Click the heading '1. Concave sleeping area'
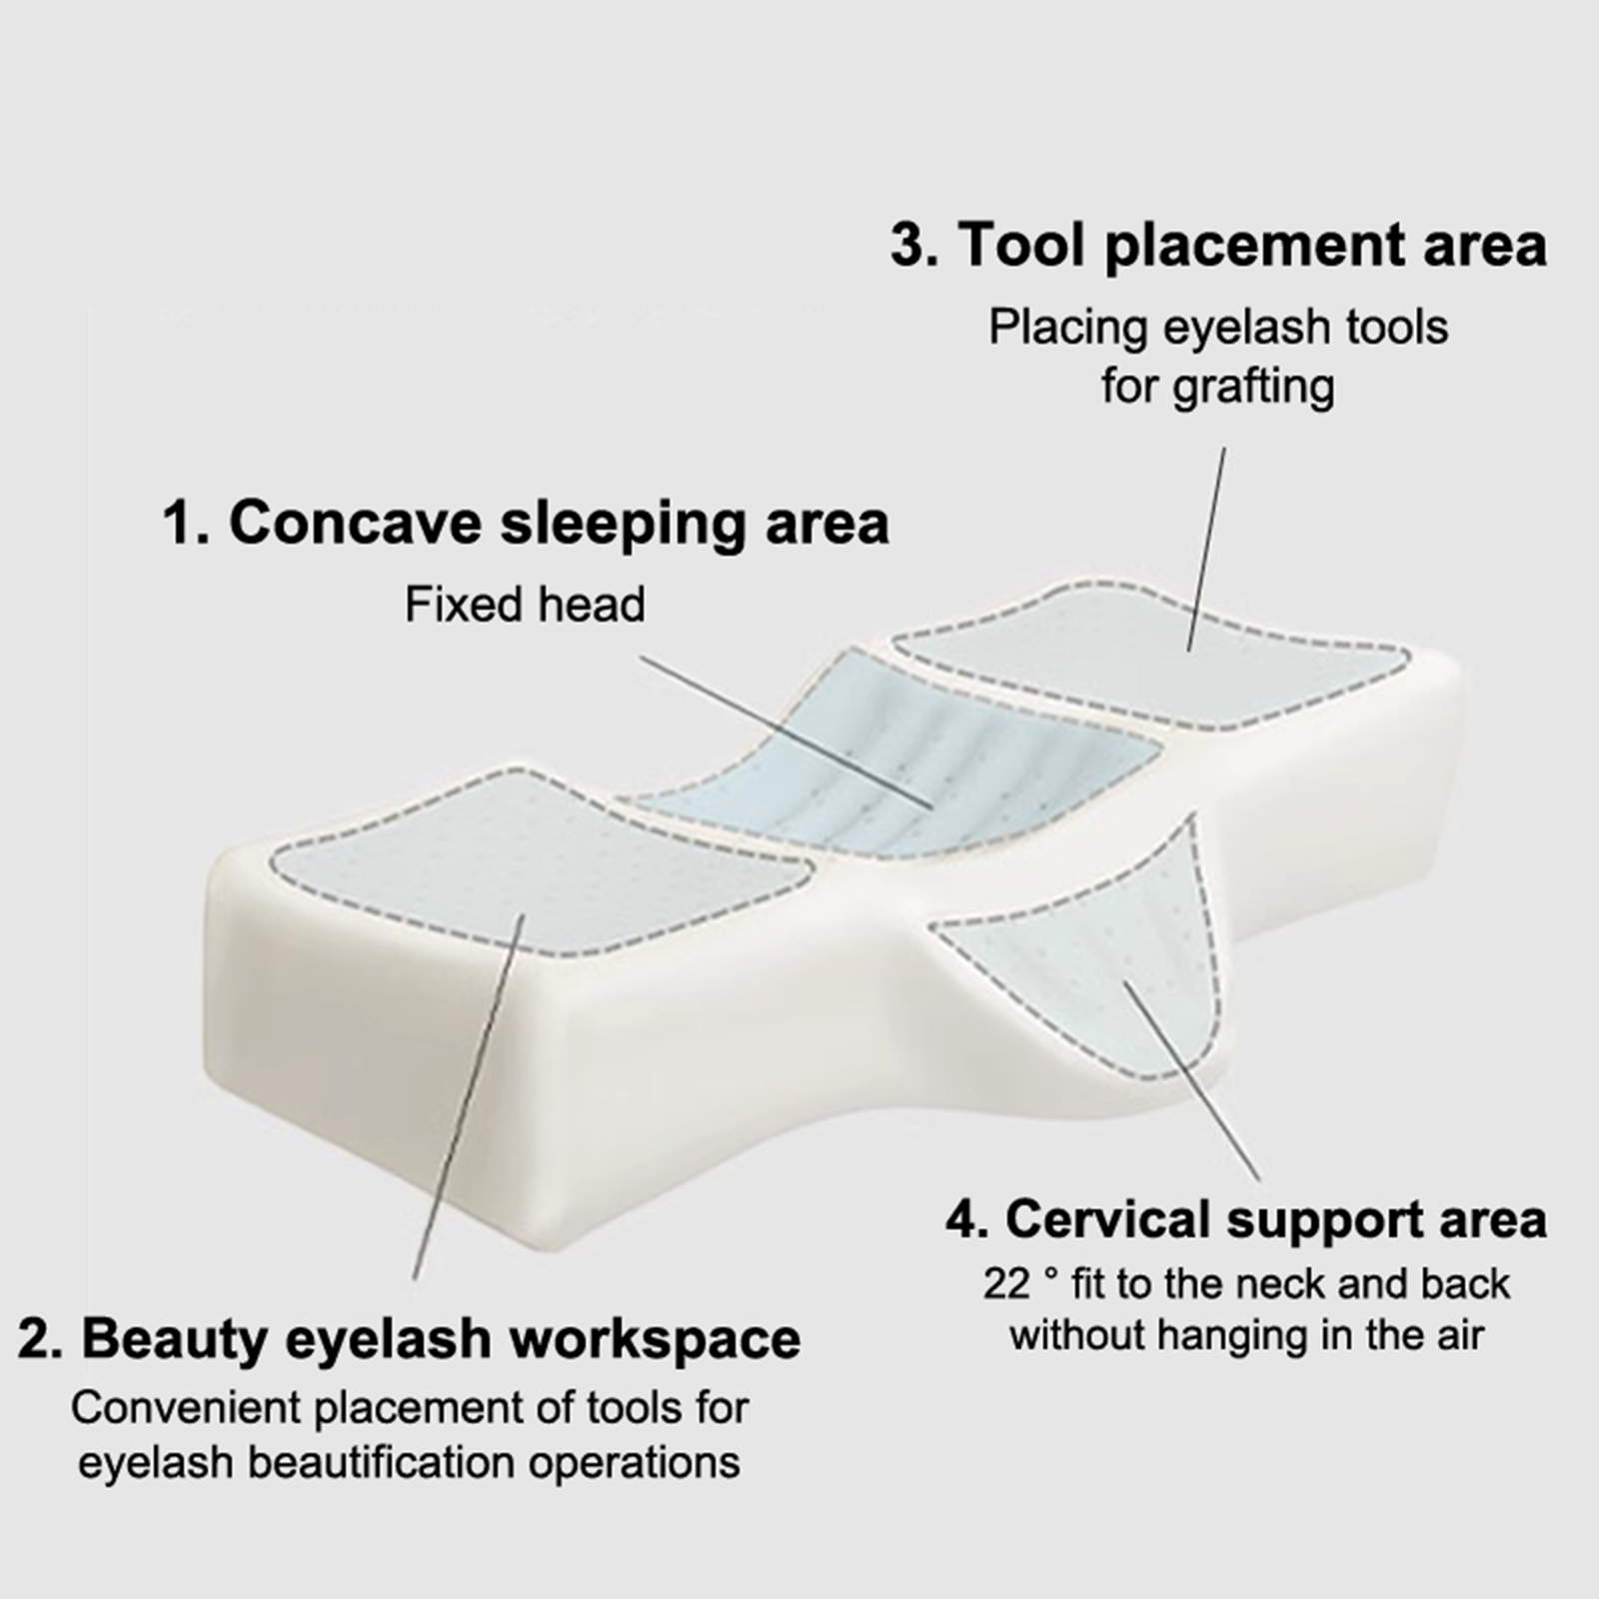[x=526, y=523]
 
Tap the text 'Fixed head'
[x=525, y=605]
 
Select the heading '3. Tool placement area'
[x=1218, y=245]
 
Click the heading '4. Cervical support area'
[x=1246, y=1219]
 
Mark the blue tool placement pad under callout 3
[x=1149, y=649]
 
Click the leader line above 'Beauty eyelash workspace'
[x=468, y=1096]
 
